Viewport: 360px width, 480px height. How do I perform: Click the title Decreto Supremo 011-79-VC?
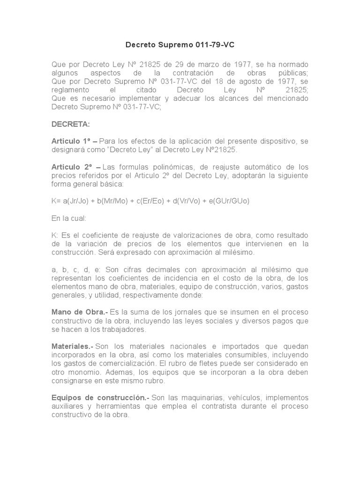click(x=180, y=45)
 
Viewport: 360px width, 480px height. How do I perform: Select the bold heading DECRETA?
click(x=70, y=124)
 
